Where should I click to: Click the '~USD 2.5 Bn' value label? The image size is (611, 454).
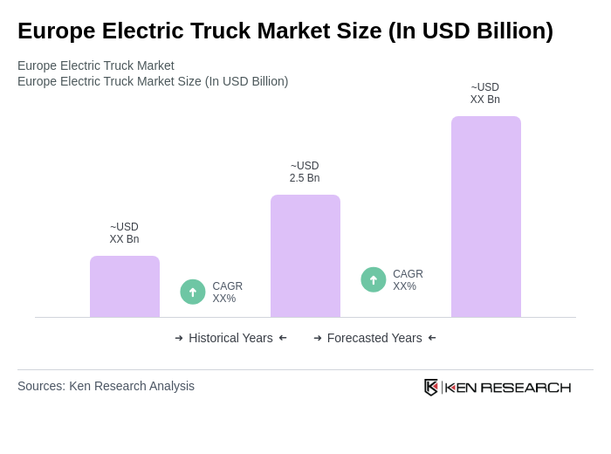[x=305, y=172]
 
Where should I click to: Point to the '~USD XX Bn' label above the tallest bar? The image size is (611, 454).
[x=485, y=93]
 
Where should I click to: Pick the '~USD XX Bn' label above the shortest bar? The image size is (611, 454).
[x=124, y=233]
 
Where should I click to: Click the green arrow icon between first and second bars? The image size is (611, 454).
[x=193, y=292]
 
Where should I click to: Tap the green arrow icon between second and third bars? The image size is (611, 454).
[x=374, y=279]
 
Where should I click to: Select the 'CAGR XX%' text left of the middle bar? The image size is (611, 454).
[x=227, y=292]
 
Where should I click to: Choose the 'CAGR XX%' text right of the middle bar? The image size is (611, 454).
[x=408, y=280]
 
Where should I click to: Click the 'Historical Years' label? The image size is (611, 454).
[x=230, y=338]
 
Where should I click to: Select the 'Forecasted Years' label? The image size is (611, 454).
[x=374, y=338]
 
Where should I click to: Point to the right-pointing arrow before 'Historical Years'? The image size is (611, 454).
[x=179, y=338]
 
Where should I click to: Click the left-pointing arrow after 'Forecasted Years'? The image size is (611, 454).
[x=432, y=338]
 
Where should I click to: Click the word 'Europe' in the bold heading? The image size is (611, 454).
[x=54, y=31]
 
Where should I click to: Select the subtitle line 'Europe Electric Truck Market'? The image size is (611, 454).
[x=96, y=65]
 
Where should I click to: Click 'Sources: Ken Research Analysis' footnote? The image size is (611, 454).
[x=106, y=386]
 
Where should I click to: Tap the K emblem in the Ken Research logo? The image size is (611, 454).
[x=431, y=387]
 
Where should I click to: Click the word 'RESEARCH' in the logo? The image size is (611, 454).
[x=525, y=387]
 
